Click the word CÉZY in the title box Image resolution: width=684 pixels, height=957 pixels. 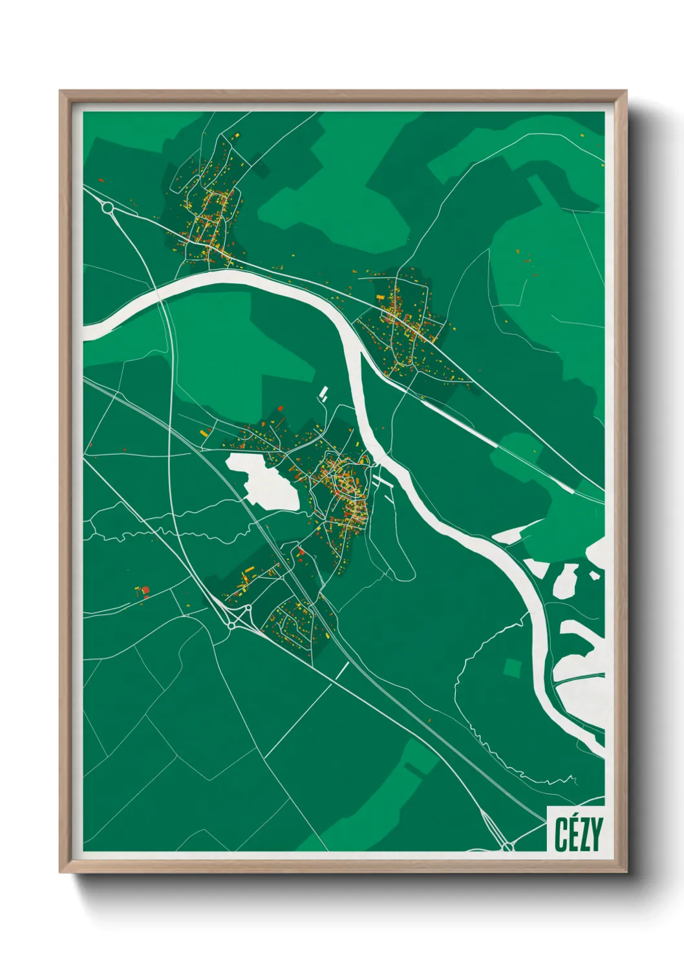[x=578, y=834]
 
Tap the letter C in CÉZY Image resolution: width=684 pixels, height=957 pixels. [x=561, y=834]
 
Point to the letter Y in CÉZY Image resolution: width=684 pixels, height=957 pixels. [x=596, y=834]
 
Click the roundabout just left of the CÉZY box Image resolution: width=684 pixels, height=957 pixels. [x=508, y=846]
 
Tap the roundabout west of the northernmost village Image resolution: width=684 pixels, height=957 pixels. [x=107, y=208]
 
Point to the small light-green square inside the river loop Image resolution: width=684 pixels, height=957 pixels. [x=512, y=669]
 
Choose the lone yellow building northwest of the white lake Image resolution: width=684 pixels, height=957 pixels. [x=204, y=432]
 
